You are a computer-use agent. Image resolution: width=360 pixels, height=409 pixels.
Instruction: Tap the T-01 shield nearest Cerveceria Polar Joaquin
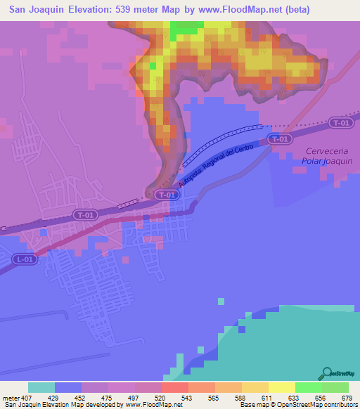pyautogui.click(x=280, y=139)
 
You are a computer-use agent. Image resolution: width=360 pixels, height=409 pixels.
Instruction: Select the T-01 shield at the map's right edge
pyautogui.click(x=341, y=124)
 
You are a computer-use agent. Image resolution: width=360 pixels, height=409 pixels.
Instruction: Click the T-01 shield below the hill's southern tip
pyautogui.click(x=167, y=195)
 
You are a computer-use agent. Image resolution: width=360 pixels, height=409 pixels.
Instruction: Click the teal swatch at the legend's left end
pyautogui.click(x=41, y=387)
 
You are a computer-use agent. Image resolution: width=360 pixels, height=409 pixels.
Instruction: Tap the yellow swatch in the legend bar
pyautogui.click(x=282, y=387)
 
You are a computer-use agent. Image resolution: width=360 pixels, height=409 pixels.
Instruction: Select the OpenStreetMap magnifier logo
pyautogui.click(x=327, y=372)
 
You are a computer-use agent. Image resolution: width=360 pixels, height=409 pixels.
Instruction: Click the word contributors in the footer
pyautogui.click(x=339, y=405)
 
